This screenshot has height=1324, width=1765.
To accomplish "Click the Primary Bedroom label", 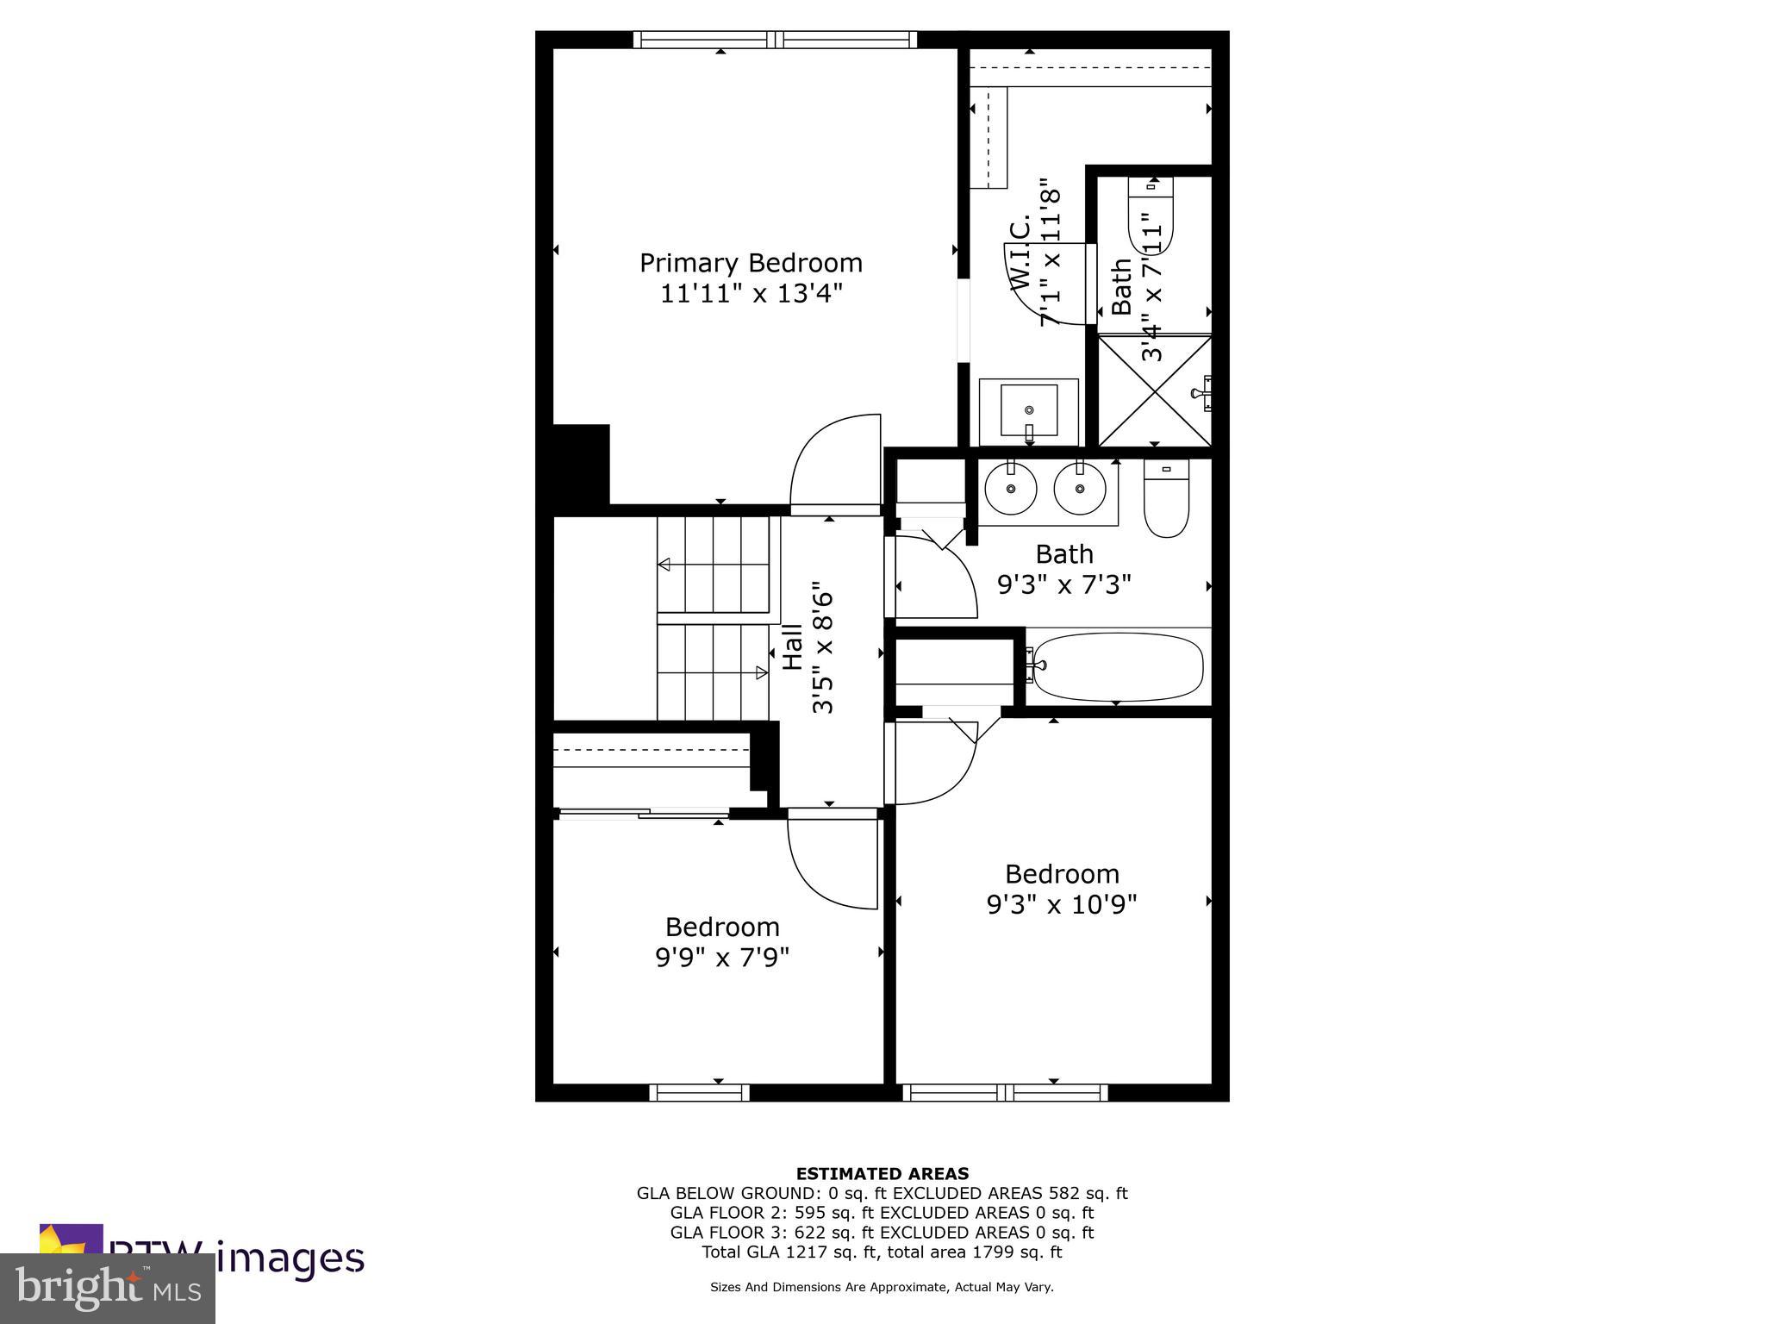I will pos(751,263).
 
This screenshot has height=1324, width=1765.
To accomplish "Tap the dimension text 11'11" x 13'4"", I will pos(751,294).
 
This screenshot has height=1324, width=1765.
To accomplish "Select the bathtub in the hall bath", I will pos(1117,666).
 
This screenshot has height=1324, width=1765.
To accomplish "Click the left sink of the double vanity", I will pos(1010,489).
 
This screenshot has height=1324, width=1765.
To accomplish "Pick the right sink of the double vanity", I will pos(1079,489).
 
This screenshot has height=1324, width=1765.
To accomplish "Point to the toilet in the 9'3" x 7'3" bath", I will pos(1166,500).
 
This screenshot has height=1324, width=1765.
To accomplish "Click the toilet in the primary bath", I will pos(1151,215).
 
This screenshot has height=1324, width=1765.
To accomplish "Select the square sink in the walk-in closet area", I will pos(1028,410).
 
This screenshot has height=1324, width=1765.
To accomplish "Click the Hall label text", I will pos(793,648).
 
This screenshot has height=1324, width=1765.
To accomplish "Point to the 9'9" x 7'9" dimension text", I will pos(722,958).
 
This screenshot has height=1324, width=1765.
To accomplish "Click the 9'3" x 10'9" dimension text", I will pos(1062,905).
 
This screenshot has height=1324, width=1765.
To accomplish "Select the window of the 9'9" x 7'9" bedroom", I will pos(699,1092).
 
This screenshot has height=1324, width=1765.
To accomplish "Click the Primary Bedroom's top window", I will pos(775,40).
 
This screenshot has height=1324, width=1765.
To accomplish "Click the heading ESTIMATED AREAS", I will pos(882,1173).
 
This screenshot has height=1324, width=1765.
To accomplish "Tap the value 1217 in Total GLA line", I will pos(801,1252).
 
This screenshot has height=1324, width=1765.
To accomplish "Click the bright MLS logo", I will pos(108,1288).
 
